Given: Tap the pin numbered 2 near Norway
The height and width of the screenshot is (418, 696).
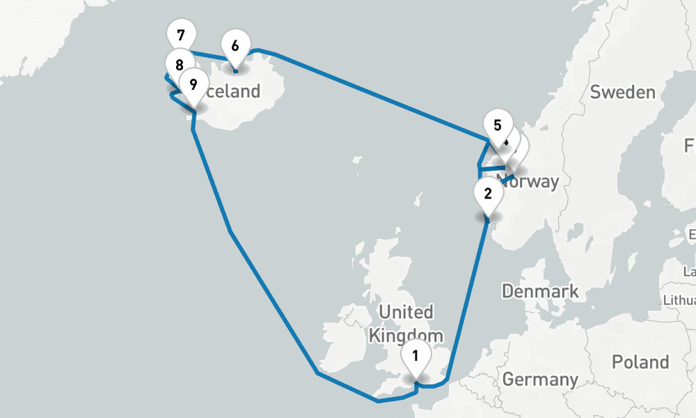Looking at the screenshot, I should (x=487, y=192).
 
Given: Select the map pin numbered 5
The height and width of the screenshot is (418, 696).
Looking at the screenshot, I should (x=497, y=125).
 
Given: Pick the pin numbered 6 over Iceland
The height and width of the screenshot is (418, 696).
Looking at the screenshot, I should (x=235, y=46).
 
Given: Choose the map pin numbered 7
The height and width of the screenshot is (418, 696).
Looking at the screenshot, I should (x=182, y=35).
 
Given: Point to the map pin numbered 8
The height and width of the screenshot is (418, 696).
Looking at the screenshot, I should (x=180, y=65).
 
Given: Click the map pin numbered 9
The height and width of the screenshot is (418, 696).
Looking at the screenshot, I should (x=193, y=85).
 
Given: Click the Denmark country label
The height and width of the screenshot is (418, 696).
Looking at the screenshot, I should (x=540, y=291).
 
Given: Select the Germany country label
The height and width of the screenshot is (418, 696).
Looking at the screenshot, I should (x=540, y=380).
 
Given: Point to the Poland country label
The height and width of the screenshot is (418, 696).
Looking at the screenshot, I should (x=640, y=362).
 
